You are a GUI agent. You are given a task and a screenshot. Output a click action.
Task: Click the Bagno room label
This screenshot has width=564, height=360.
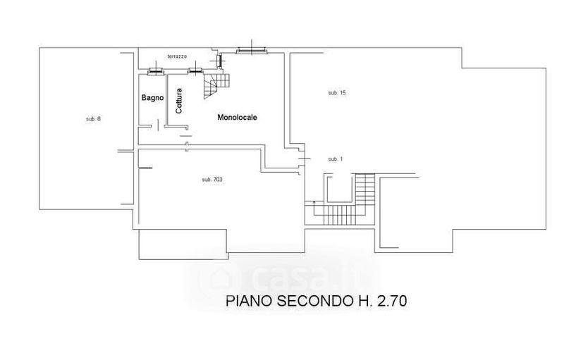tap(152, 98)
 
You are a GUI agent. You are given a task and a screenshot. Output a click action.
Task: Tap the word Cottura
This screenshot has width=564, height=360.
tap(179, 101)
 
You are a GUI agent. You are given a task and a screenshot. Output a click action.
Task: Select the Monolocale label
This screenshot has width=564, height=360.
tap(237, 117)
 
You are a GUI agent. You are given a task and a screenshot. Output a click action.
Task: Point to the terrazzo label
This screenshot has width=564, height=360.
tap(177, 56)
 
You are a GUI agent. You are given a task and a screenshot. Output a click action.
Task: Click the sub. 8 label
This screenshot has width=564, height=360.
tap(93, 119)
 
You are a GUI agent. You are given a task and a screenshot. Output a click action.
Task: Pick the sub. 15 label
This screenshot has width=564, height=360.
tap(337, 93)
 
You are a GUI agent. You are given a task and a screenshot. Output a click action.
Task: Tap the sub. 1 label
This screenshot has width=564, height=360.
tap(336, 159)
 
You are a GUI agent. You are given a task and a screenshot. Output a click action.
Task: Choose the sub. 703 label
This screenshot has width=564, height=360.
tap(212, 179)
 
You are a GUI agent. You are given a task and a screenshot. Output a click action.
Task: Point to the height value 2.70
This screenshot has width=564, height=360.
tap(392, 301)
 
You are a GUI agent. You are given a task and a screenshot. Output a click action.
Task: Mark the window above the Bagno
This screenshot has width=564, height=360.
tap(156, 71)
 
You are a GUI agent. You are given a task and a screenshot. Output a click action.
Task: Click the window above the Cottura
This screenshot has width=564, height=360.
tap(196, 71)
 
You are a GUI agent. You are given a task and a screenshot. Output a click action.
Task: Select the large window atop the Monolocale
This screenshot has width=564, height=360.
tap(252, 51)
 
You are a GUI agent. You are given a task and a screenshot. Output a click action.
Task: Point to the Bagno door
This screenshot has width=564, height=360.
tap(158, 125)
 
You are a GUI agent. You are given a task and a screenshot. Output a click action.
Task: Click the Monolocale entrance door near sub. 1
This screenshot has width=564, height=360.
tap(304, 159)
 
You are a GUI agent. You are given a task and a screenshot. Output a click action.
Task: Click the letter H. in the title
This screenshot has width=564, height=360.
tap(364, 301)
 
